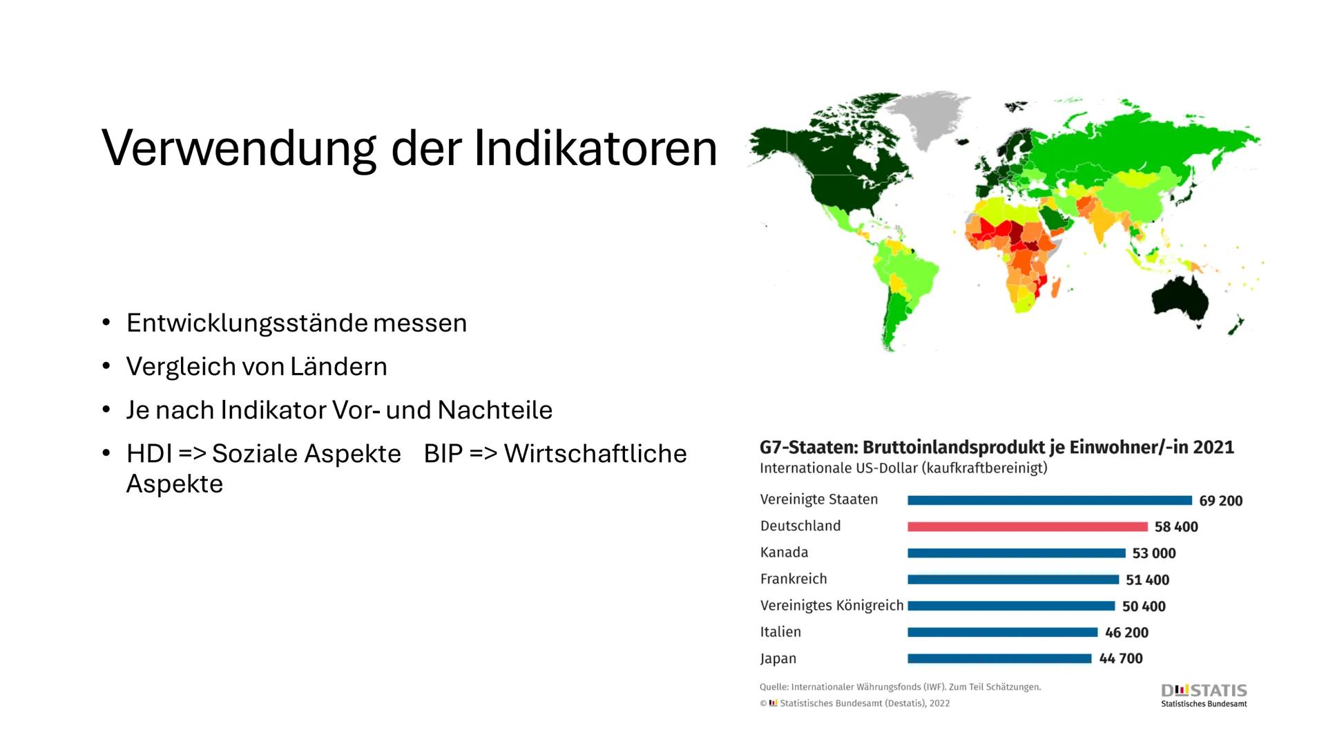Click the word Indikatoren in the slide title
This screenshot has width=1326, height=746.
tap(595, 149)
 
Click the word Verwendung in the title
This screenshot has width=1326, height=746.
tap(239, 149)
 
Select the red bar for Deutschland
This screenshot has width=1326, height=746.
tap(1027, 526)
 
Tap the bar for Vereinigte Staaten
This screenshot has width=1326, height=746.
tap(1049, 500)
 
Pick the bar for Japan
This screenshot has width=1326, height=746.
tap(999, 659)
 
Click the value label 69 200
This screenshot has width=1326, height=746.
tap(1220, 501)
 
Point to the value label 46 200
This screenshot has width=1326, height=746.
tap(1126, 633)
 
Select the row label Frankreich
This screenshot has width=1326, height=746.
tap(793, 579)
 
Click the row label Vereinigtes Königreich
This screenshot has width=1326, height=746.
tap(832, 606)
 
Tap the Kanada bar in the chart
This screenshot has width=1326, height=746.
tap(1016, 553)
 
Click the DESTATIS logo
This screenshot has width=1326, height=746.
tap(1204, 694)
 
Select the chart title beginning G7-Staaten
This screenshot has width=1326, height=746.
tap(996, 448)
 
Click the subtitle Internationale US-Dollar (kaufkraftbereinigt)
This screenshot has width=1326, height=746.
tap(903, 468)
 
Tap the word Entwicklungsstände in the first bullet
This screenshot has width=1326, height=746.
tap(247, 323)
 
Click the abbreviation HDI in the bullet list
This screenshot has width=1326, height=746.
tap(148, 454)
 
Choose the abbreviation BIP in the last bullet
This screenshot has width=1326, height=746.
tap(442, 454)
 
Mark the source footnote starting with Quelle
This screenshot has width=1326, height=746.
tap(899, 687)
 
